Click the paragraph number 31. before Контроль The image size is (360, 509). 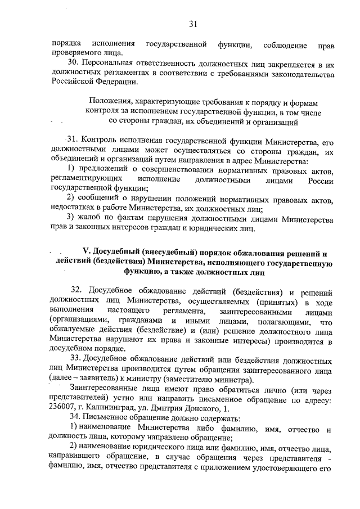pyautogui.click(x=73, y=139)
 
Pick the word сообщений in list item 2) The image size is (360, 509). pyautogui.click(x=98, y=197)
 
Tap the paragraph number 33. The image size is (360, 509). pyautogui.click(x=76, y=359)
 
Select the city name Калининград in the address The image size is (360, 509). pyautogui.click(x=116, y=408)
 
